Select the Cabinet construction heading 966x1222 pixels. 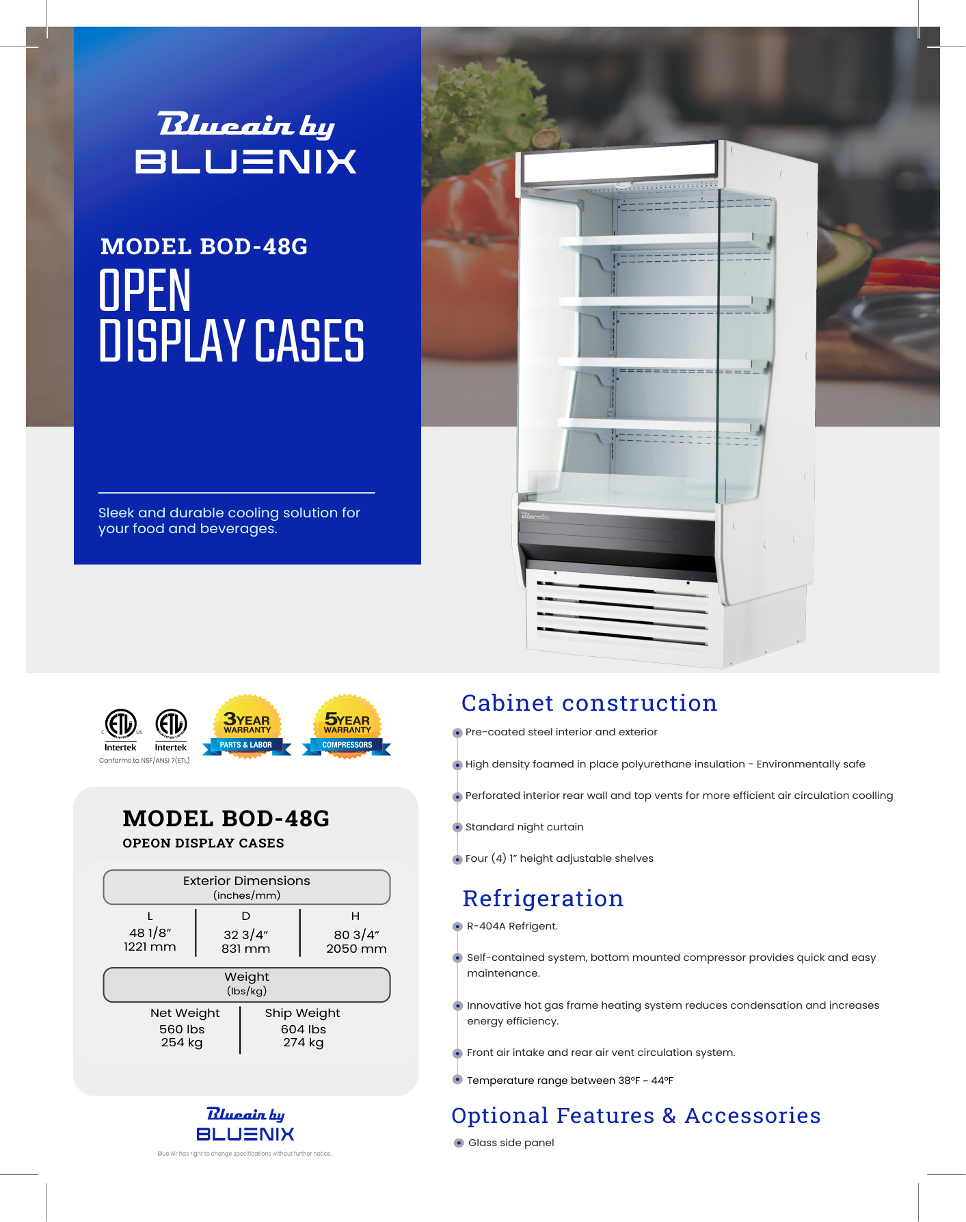[x=589, y=703]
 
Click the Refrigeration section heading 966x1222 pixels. [x=543, y=899]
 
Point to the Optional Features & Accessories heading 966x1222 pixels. [x=636, y=1116]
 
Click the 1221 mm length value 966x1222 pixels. [x=150, y=947]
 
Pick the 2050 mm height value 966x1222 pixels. [x=356, y=949]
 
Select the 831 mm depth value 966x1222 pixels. [x=245, y=949]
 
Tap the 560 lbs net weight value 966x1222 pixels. [x=182, y=1029]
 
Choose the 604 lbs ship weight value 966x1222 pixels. [x=304, y=1029]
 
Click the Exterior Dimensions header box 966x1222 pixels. [x=247, y=887]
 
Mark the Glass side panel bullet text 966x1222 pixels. [x=511, y=1143]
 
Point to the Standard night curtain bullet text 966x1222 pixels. [x=524, y=827]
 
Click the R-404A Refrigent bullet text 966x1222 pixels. [x=512, y=926]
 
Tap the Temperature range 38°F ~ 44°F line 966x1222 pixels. [x=569, y=1081]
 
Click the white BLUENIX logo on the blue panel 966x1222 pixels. [x=246, y=162]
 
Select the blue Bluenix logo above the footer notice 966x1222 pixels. [x=245, y=1134]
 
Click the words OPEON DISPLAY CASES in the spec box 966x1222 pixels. [x=203, y=843]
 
